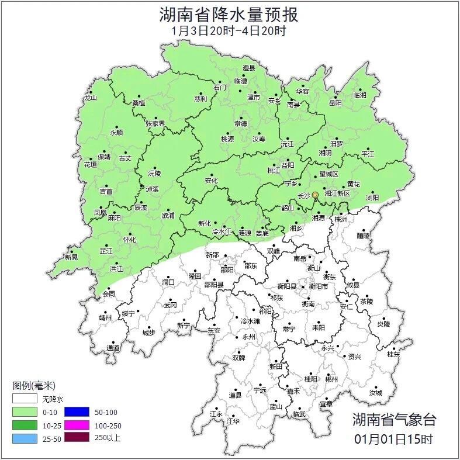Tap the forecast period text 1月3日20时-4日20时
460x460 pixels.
[x=229, y=30]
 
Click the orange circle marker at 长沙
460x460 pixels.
[x=316, y=195]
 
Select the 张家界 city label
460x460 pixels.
[x=155, y=124]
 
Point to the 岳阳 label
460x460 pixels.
[x=335, y=103]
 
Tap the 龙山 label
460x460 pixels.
[x=90, y=98]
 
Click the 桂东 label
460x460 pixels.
[x=393, y=354]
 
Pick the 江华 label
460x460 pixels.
[x=233, y=421]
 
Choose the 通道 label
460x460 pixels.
[x=113, y=348]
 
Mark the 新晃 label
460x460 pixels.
[x=71, y=257]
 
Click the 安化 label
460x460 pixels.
[x=211, y=181]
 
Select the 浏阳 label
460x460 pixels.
[x=372, y=198]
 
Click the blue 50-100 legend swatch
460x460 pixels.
[x=77, y=412]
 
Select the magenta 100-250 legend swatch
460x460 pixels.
[x=77, y=425]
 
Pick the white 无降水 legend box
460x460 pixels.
[x=25, y=400]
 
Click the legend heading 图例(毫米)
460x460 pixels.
[x=33, y=386]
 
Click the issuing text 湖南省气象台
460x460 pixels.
[x=394, y=419]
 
